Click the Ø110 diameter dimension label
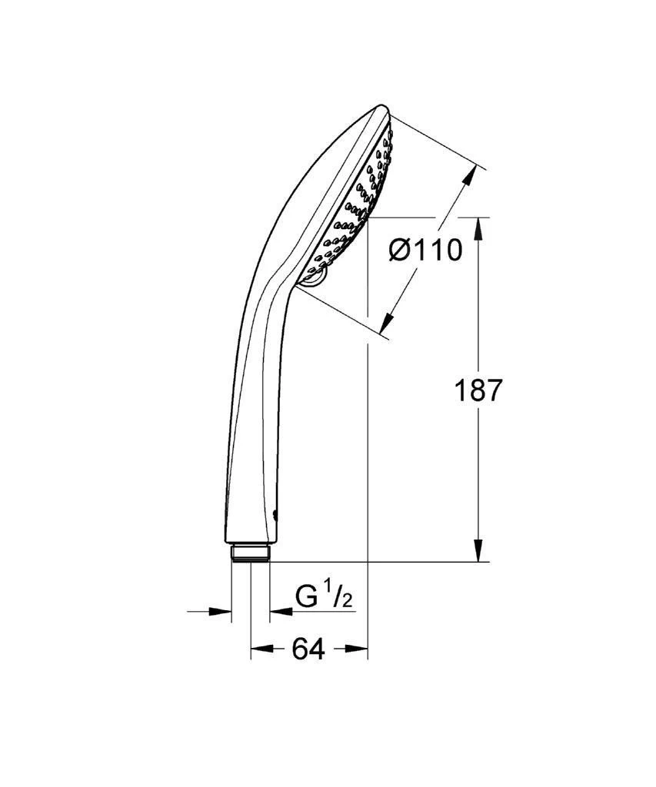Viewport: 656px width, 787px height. [x=425, y=250]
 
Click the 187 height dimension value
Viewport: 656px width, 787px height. [x=478, y=390]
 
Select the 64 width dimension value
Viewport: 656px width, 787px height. [x=308, y=649]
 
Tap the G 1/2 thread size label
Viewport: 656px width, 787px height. [x=323, y=597]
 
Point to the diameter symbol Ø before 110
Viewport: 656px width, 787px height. [x=400, y=250]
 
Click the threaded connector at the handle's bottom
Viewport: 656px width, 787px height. [x=250, y=553]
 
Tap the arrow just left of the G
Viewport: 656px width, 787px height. [x=281, y=612]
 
